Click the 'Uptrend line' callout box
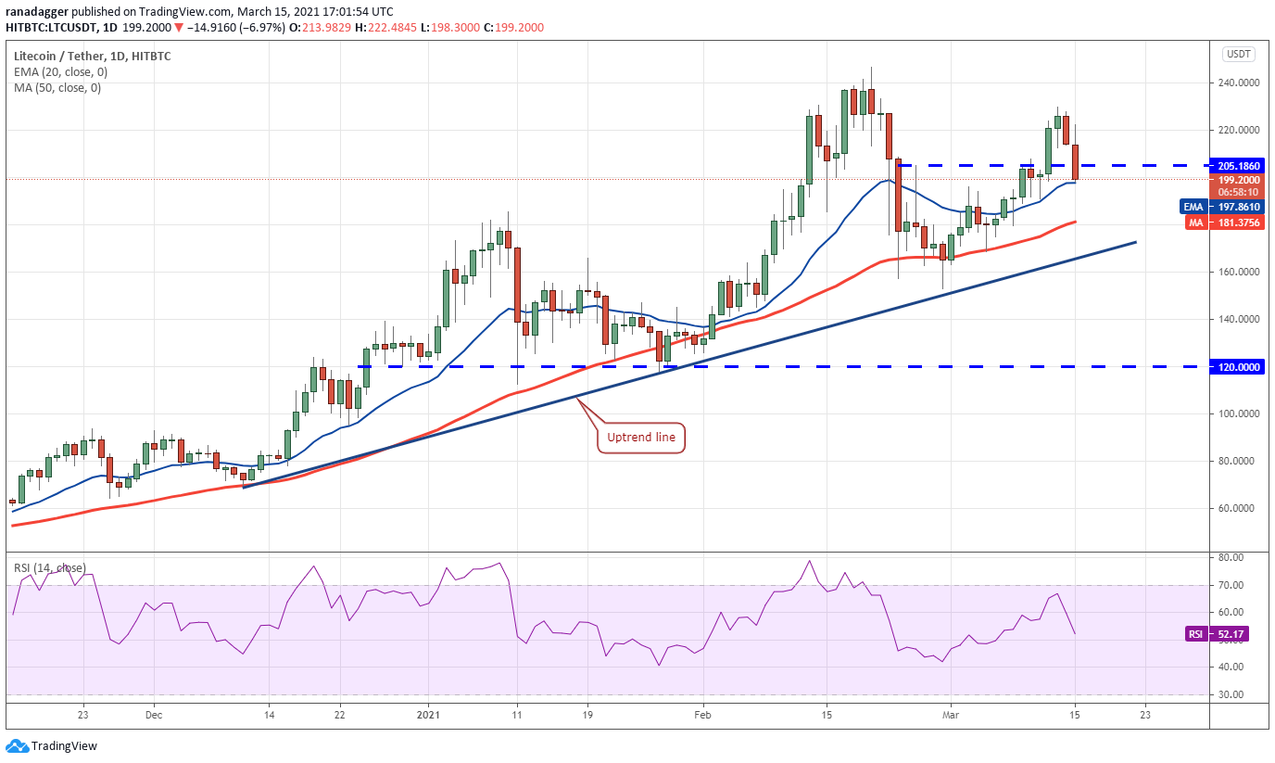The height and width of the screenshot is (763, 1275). coord(641,438)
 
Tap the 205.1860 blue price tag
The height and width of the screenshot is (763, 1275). coord(1239,166)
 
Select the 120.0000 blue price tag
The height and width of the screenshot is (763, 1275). coord(1237,367)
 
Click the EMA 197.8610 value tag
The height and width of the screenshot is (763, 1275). coord(1222,207)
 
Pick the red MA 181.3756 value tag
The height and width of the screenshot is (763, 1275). coord(1225,223)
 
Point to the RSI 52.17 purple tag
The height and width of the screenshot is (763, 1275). coord(1217,634)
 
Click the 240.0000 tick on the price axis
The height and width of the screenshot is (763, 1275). coord(1239,83)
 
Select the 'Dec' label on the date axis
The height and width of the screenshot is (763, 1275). coord(154,715)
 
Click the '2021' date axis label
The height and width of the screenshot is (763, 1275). coord(428,715)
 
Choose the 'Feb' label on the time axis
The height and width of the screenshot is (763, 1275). coord(702,715)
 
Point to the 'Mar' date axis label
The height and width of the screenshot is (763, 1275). coord(951,715)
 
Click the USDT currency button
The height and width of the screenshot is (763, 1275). coord(1239,54)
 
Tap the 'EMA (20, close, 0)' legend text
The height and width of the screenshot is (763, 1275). coord(60,71)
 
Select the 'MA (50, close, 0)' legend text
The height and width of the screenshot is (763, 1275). coord(57,88)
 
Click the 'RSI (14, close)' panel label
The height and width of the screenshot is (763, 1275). coord(50,567)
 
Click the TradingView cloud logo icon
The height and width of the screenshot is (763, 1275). coord(17,746)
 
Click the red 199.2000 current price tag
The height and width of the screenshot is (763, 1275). coord(1237,185)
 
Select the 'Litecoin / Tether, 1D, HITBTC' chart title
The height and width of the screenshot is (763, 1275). coord(93,56)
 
